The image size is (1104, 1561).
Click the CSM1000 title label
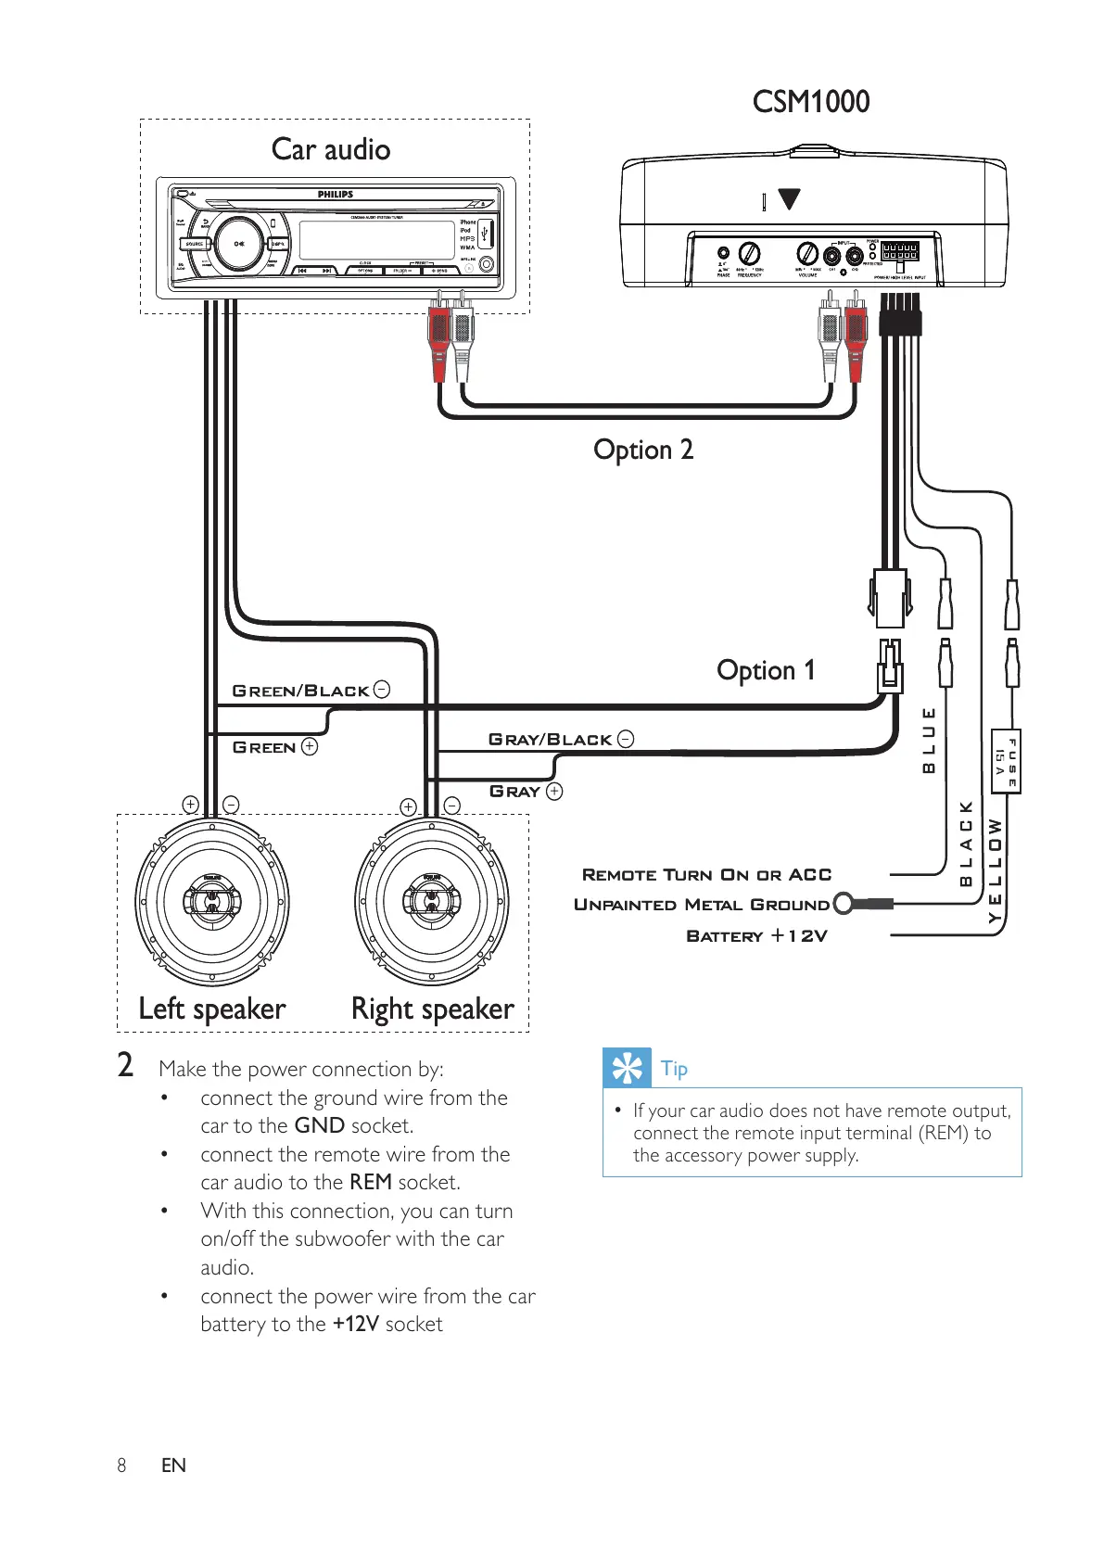[810, 102]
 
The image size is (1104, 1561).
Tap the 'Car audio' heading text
[331, 149]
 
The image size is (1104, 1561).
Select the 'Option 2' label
[643, 450]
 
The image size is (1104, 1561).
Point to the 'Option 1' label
[766, 670]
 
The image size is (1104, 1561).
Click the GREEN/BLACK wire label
[301, 691]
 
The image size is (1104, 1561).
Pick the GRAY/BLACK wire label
[551, 739]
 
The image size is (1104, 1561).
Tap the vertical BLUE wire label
[928, 739]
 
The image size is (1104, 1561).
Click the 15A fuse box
[1006, 761]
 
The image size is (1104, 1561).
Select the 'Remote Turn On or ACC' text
[706, 874]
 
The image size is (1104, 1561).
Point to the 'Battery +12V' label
[756, 935]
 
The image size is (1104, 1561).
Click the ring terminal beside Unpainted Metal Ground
[844, 903]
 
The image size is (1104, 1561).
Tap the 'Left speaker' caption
[212, 1009]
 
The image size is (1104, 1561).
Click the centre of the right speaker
[432, 900]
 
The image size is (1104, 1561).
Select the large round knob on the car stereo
[238, 244]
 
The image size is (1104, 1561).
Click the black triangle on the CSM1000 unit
[789, 198]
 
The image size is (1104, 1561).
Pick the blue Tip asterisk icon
[627, 1068]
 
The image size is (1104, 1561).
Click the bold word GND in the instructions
[320, 1125]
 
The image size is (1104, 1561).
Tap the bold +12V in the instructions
[356, 1324]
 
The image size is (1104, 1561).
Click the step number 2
[125, 1065]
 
